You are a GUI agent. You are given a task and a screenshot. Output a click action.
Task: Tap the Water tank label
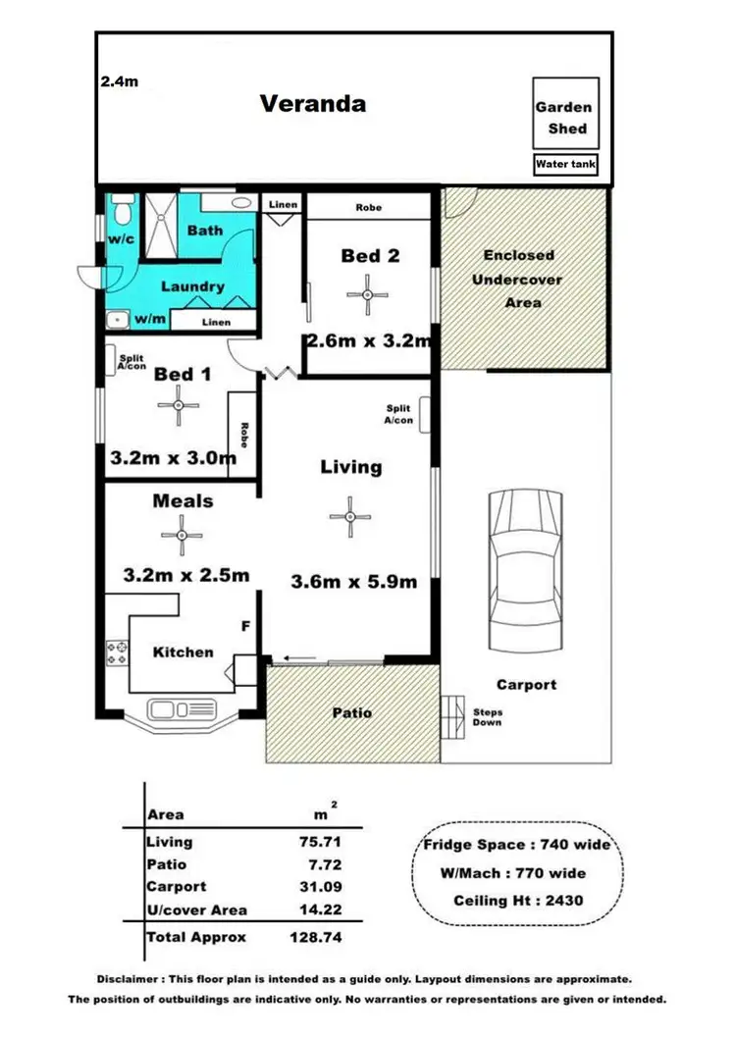565,165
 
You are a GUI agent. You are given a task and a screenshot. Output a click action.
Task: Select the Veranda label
312,103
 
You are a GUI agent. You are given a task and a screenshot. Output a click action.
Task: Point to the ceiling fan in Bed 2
367,293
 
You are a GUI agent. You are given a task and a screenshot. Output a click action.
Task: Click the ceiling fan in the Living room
350,516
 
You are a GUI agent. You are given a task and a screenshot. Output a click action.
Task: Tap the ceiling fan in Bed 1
179,405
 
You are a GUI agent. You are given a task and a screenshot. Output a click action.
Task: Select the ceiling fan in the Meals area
182,535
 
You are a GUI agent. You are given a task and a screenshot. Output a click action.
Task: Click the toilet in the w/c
123,209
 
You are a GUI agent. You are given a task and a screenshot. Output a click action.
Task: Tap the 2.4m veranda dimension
119,82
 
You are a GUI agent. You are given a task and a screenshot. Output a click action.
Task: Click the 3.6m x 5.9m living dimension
353,582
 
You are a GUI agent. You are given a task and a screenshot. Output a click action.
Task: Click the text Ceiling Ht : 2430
518,901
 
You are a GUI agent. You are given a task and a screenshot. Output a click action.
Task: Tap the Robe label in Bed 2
369,208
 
